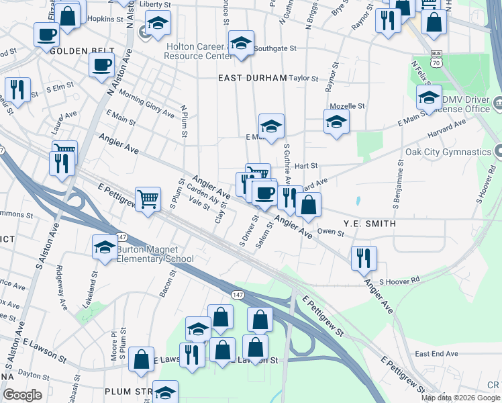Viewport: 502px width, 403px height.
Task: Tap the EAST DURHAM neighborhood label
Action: pyautogui.click(x=252, y=78)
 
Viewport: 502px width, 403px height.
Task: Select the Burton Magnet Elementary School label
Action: pyautogui.click(x=155, y=254)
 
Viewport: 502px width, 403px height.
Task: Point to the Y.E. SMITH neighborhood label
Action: pyautogui.click(x=369, y=223)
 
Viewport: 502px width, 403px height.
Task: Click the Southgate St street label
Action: pyautogui.click(x=277, y=48)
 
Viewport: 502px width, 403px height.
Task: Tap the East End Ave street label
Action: pyautogui.click(x=436, y=353)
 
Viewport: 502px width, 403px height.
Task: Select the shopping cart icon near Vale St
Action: pyautogui.click(x=148, y=197)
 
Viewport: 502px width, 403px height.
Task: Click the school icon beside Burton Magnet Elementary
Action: pyautogui.click(x=105, y=248)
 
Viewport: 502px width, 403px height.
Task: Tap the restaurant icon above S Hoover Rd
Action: pyautogui.click(x=363, y=257)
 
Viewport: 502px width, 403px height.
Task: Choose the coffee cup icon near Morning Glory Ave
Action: pyautogui.click(x=101, y=64)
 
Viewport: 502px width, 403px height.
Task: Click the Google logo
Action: pyautogui.click(x=23, y=395)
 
